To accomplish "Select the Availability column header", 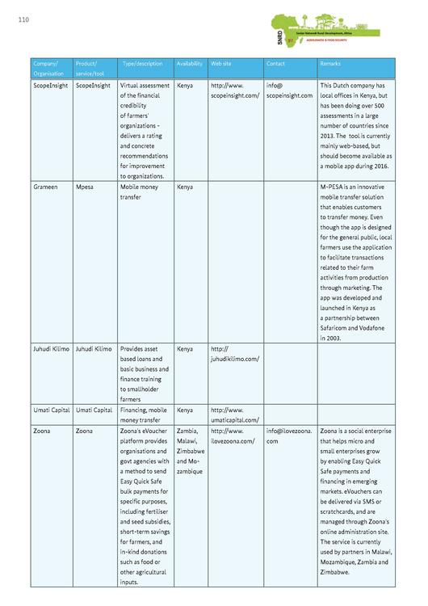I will (189, 63).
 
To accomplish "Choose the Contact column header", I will (276, 63).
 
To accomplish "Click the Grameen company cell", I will (46, 186).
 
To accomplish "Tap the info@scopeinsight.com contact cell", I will (288, 90).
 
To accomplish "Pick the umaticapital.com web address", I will (234, 415).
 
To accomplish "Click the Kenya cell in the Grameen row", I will (185, 186).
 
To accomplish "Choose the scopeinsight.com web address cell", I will (234, 90).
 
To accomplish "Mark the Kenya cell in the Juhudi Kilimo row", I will (185, 348).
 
